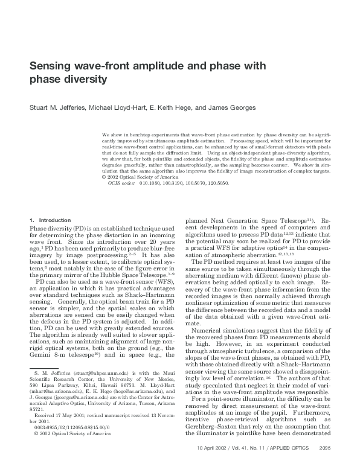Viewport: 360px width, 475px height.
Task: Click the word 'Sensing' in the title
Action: pyautogui.click(x=53, y=66)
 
